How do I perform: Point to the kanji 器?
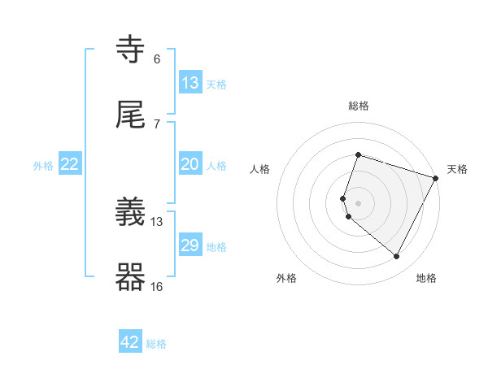coord(131,277)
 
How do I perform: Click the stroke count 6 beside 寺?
coord(157,59)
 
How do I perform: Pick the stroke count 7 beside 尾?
coord(157,124)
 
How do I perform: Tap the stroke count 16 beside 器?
coord(157,286)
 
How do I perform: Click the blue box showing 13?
coord(190,83)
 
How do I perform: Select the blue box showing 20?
coord(190,164)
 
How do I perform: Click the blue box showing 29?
coord(190,245)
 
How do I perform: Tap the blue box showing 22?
coord(70,164)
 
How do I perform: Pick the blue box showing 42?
coord(130,342)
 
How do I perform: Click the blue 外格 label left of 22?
coord(43,166)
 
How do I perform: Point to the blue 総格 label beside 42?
coord(156,344)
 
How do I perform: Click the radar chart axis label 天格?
coord(457,169)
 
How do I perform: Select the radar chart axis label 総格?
coord(359,106)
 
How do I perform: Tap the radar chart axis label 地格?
coord(426,279)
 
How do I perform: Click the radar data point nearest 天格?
coord(437,178)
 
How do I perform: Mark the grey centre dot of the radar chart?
coord(359,203)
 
